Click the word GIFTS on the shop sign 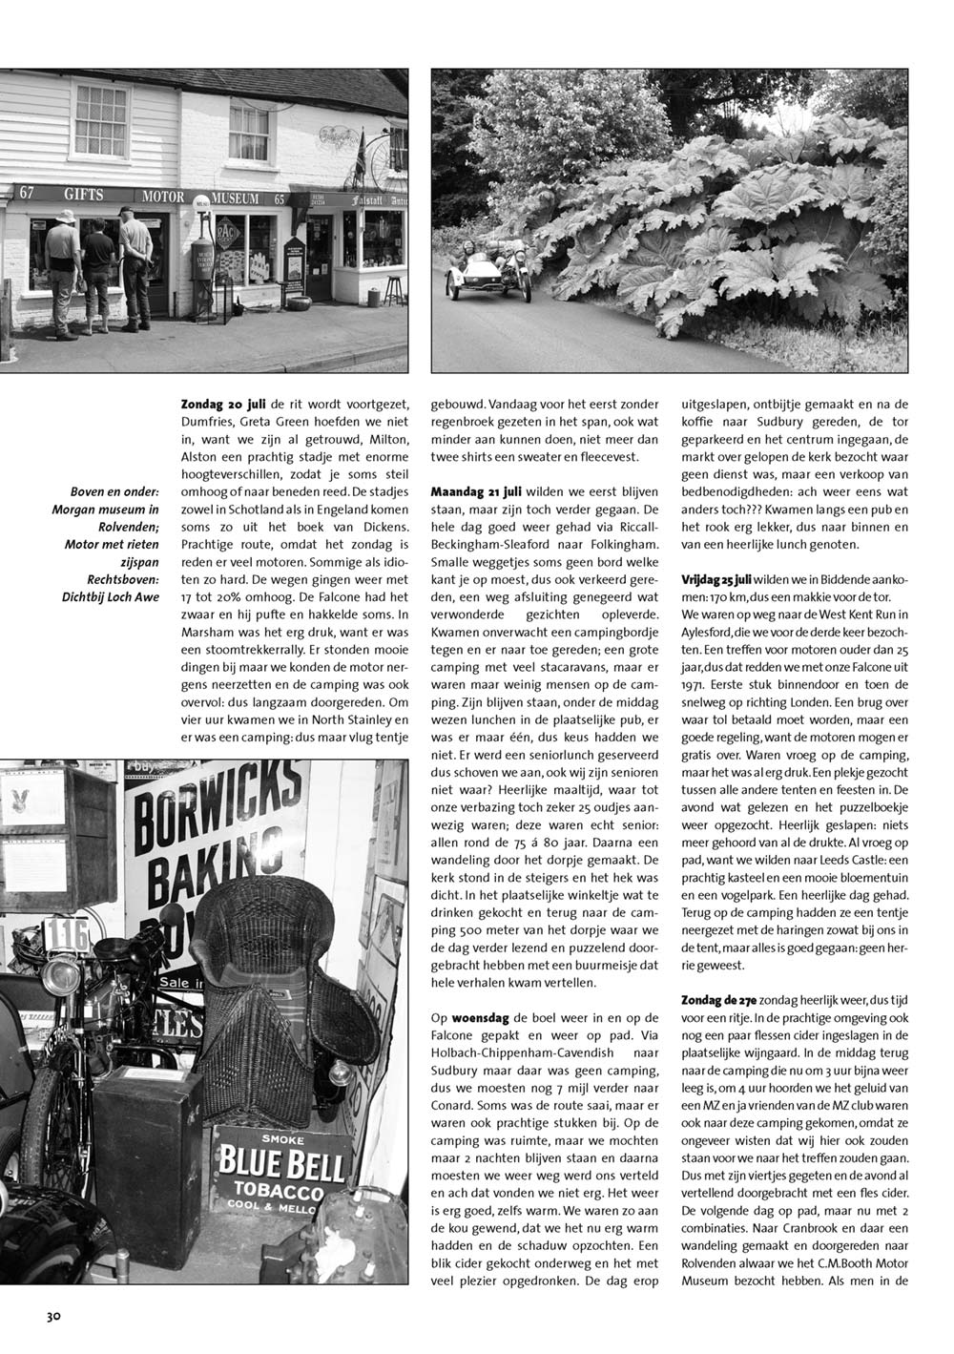[84, 194]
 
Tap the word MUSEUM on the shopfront [234, 198]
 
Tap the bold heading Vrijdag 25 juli [717, 580]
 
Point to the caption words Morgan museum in [105, 509]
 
